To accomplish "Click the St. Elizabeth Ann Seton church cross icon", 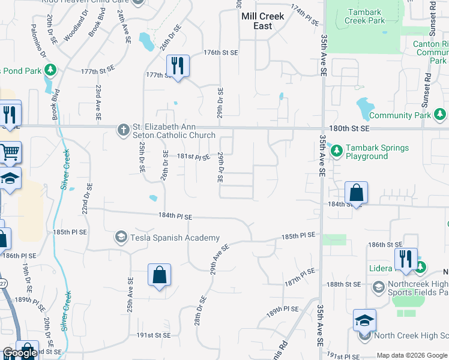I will click(x=123, y=130).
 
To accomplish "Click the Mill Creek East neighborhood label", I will click(x=257, y=22).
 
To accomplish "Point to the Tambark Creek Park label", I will click(x=365, y=16).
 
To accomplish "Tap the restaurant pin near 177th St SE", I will click(x=177, y=65).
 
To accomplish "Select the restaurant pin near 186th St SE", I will click(x=406, y=259).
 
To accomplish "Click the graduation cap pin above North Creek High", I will click(x=364, y=320).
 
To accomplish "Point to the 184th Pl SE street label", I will click(x=175, y=216).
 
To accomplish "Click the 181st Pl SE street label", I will click(x=193, y=157).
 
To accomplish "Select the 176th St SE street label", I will click(x=221, y=53).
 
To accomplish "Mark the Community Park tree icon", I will click(x=441, y=114).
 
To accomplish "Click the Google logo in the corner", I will click(x=20, y=353).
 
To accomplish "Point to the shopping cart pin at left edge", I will click(x=10, y=152).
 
